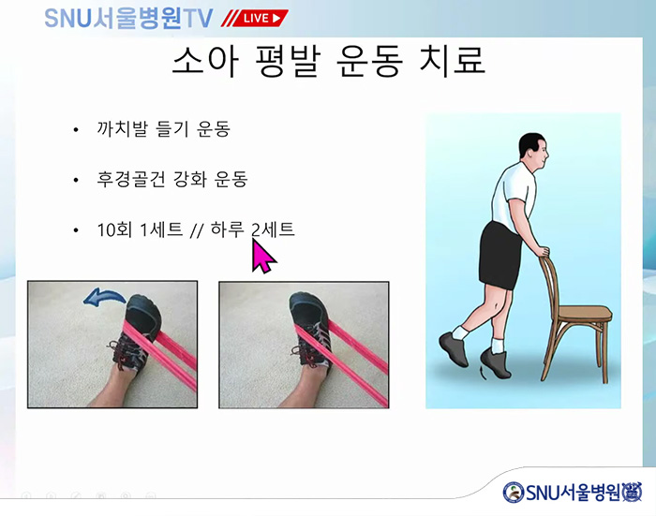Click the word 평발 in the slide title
point(288,61)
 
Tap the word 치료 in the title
point(452,61)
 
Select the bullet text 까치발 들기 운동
point(164,129)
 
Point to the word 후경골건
point(130,180)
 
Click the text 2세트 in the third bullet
point(274,229)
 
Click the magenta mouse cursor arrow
point(262,257)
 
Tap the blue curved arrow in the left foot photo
point(104,297)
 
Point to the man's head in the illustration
point(533,151)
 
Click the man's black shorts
point(499,256)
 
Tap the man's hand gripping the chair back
point(543,251)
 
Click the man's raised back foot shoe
point(453,349)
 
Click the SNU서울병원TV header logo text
point(128,19)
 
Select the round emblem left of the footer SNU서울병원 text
point(513,493)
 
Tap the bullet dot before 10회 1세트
point(76,230)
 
